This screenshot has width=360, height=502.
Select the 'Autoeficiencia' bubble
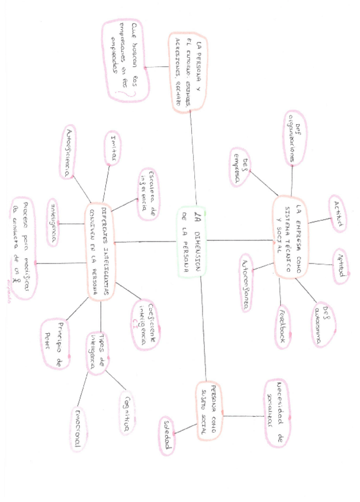point(70,152)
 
